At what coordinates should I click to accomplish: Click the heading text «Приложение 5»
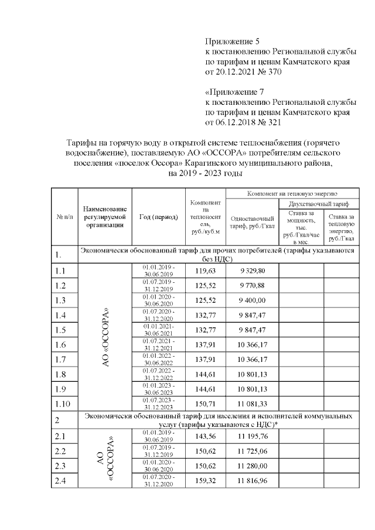tap(232, 42)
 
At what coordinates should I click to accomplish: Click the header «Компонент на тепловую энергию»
tap(292, 193)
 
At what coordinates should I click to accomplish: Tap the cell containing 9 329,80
tap(253, 271)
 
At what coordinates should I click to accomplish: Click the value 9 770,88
tap(253, 286)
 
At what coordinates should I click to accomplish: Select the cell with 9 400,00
tap(253, 300)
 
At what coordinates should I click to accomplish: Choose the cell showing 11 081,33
tap(253, 404)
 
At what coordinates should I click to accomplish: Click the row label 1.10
tap(62, 404)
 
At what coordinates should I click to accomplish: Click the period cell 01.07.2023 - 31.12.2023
tap(158, 404)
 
